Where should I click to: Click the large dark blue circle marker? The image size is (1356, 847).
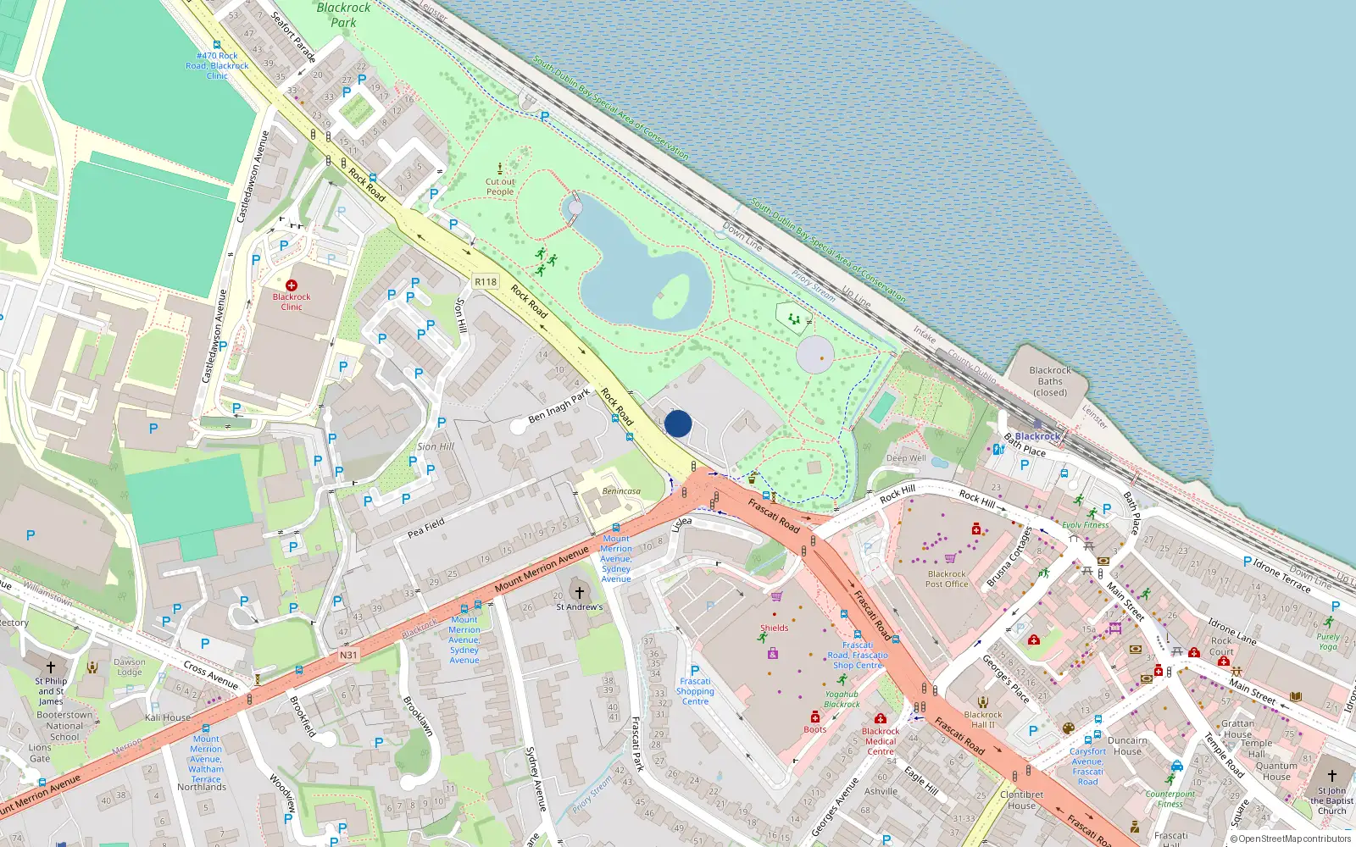pos(678,423)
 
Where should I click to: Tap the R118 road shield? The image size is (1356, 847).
pos(486,282)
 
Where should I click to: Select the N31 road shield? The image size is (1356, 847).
pos(348,655)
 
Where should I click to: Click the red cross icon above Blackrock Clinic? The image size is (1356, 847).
pos(292,285)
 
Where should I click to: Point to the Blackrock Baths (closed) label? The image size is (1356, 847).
pos(1050,381)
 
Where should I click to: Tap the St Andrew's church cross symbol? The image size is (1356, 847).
pos(580,593)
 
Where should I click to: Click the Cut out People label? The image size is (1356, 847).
pos(500,186)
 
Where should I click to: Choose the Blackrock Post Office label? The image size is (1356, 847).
pos(947,579)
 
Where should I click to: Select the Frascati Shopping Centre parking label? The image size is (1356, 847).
pos(695,691)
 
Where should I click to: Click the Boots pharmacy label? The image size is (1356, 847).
pos(815,729)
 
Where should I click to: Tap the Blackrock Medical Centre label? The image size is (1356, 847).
pos(881,741)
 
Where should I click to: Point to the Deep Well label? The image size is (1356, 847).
pos(906,458)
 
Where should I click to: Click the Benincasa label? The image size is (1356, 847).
pos(621,491)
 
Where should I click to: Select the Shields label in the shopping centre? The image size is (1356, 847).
pos(774,628)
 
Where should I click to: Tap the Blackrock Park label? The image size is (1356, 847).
pos(343,15)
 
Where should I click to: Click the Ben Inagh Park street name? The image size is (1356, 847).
pos(559,406)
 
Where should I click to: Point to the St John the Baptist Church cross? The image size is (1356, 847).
pos(1331,775)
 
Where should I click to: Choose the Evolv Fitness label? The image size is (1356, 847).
pos(1085,525)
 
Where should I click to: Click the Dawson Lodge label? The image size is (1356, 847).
pos(130,667)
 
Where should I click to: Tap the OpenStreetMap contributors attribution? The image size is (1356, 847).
pos(1291,839)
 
